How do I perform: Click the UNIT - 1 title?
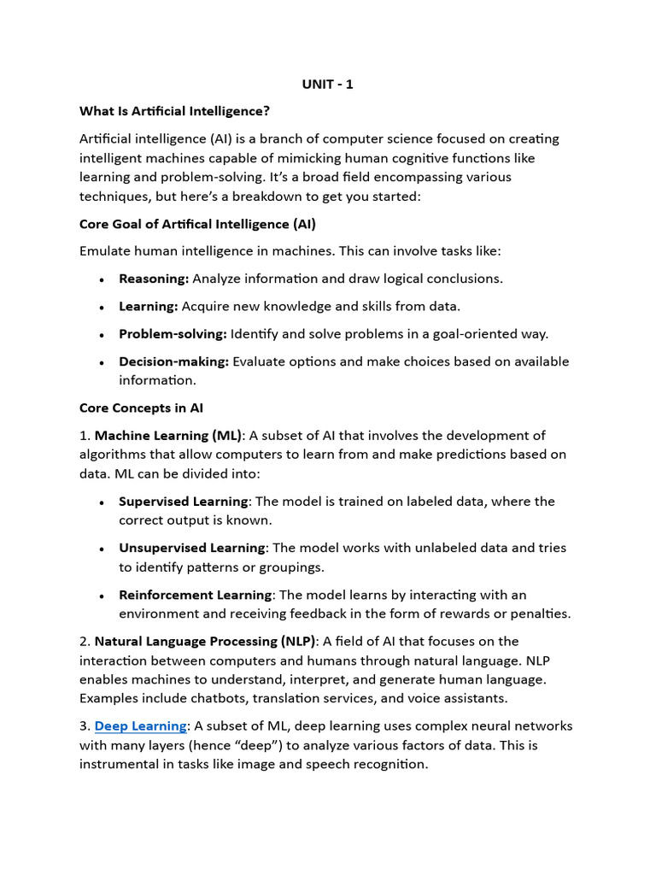(x=327, y=84)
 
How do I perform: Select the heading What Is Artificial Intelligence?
(x=174, y=111)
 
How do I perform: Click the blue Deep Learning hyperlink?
(x=140, y=725)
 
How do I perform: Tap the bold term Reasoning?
(x=154, y=279)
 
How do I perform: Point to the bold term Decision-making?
(x=173, y=361)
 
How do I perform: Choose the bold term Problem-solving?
(x=173, y=334)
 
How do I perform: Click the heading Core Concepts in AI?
(x=141, y=408)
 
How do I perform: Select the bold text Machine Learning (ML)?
(x=168, y=436)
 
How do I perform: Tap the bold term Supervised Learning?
(x=183, y=502)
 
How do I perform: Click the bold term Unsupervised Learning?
(x=192, y=548)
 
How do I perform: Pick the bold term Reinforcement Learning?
(x=195, y=595)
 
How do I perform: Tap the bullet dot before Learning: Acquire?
(x=102, y=308)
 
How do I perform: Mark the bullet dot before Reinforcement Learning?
(x=102, y=596)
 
